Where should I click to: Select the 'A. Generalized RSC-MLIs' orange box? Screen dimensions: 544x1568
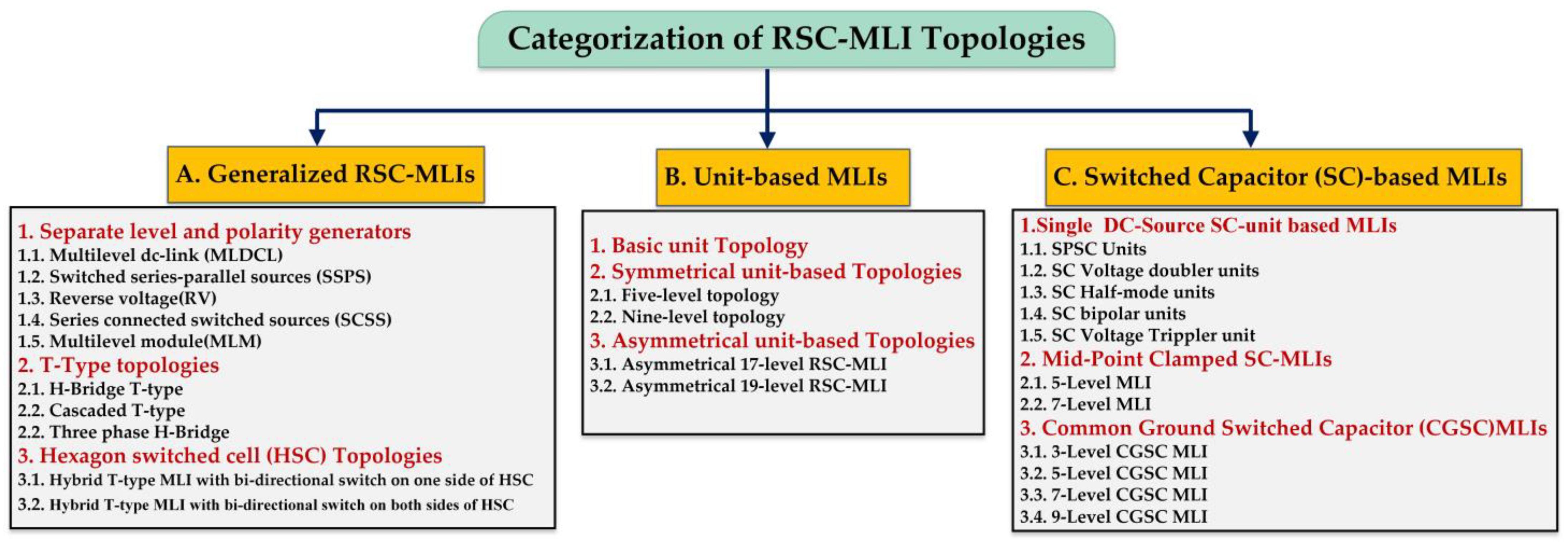pos(326,174)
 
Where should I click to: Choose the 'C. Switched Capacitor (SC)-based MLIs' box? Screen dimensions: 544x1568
pos(1283,177)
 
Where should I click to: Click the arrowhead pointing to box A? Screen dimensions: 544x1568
pos(316,137)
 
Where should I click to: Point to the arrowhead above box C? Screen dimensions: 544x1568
pos(1250,138)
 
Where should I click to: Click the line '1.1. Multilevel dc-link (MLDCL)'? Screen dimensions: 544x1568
pos(150,255)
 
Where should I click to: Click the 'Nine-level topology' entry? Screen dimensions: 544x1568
pos(687,317)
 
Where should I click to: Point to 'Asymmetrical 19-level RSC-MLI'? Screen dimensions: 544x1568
pos(738,386)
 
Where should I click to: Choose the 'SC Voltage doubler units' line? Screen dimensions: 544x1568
pos(1139,271)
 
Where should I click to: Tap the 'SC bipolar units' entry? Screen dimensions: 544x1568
pos(1103,314)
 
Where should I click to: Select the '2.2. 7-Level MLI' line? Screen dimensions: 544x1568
pos(1085,404)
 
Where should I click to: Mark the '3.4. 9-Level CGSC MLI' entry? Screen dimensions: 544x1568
pos(1113,517)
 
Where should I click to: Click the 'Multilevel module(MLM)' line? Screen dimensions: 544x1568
pos(139,341)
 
